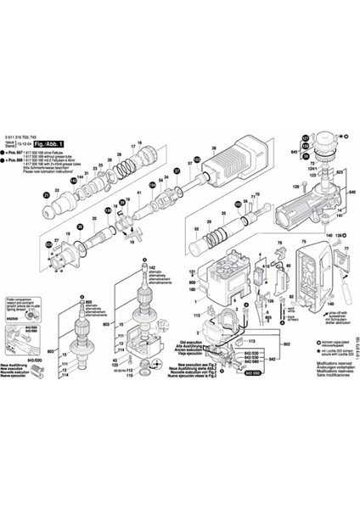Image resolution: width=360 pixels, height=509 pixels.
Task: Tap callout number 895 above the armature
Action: (88, 302)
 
